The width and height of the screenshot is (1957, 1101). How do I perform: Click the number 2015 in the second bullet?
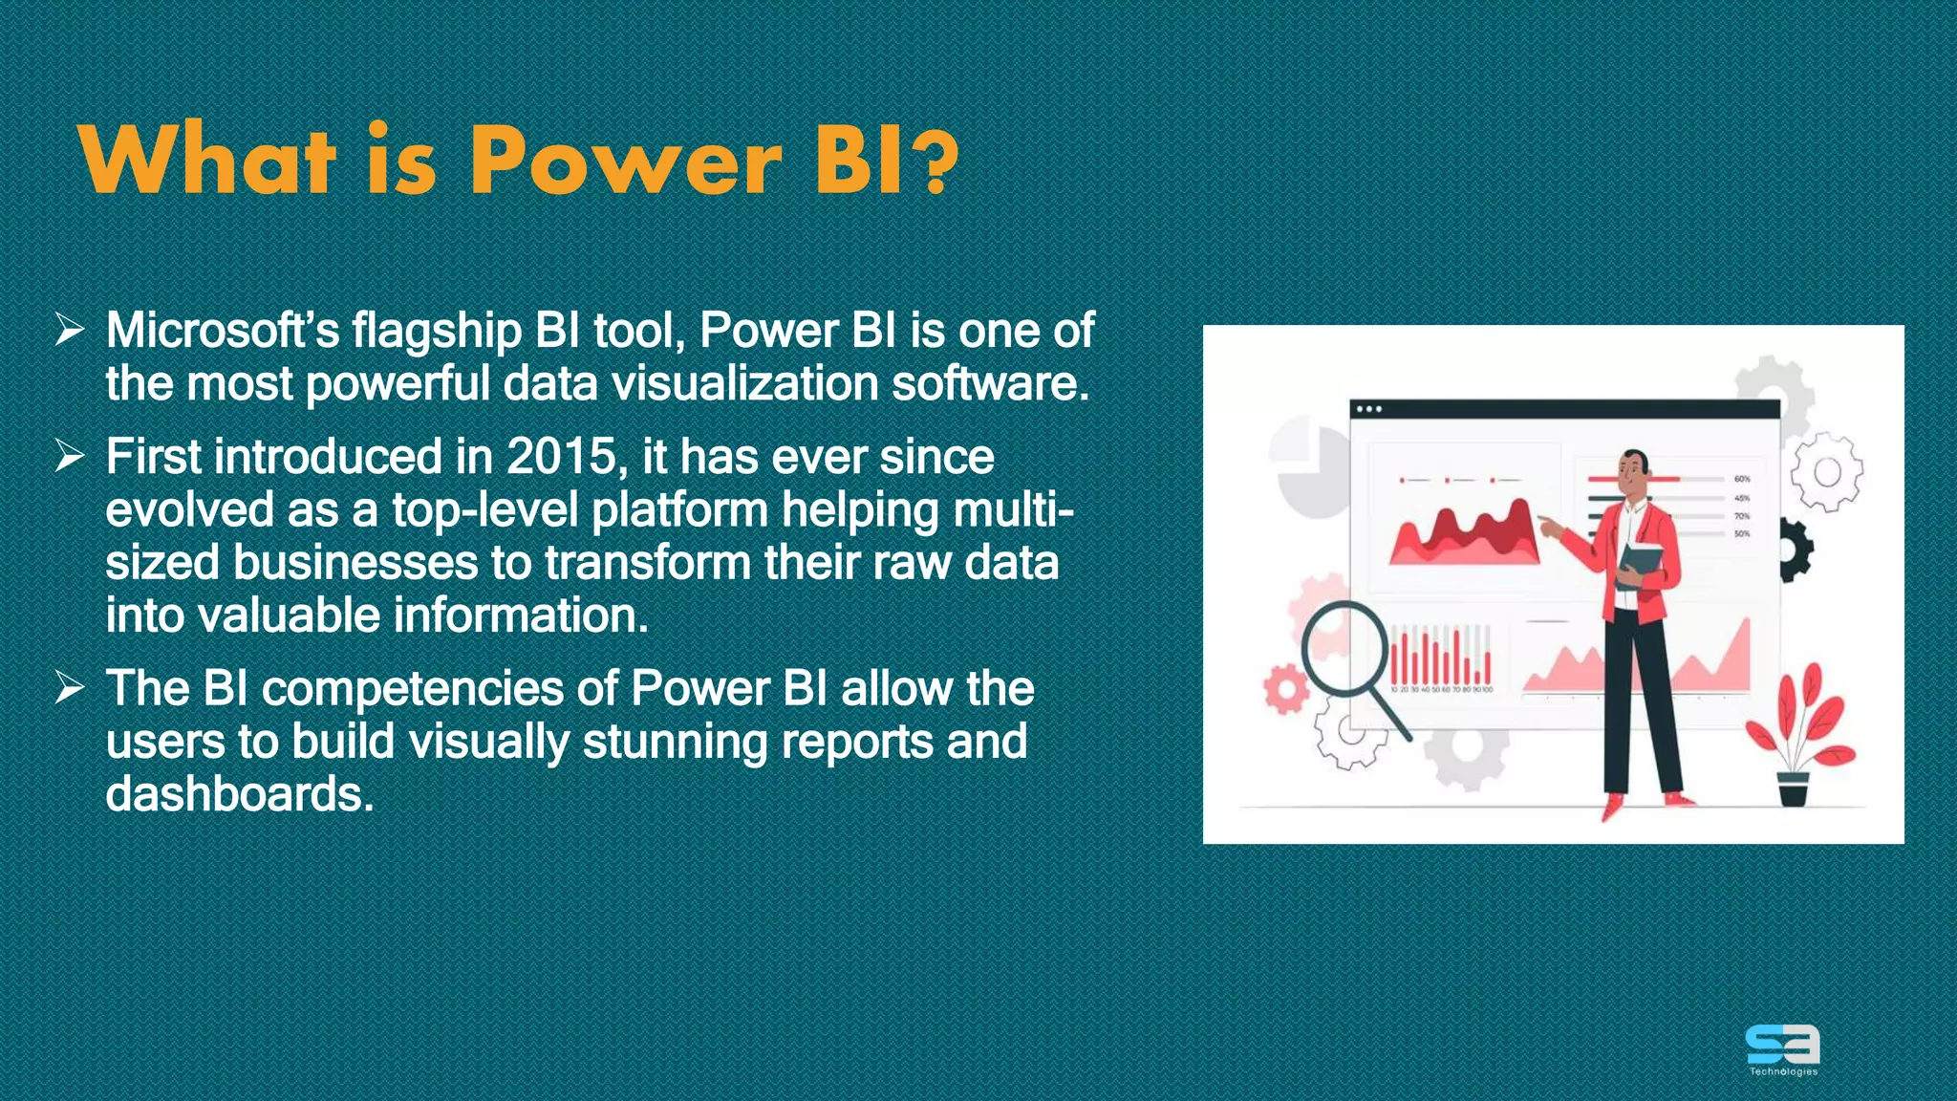coord(562,457)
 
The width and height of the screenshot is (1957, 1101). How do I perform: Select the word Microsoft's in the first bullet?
coord(222,331)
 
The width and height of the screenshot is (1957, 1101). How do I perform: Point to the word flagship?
coord(437,333)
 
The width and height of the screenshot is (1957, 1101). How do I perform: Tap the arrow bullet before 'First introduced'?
coord(70,455)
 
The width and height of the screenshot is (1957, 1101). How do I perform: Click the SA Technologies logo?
coord(1783,1048)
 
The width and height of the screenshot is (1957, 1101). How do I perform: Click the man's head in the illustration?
coord(1635,467)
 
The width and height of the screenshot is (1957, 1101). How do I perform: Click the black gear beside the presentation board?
coord(1795,550)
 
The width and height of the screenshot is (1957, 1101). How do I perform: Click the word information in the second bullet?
coord(520,615)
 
